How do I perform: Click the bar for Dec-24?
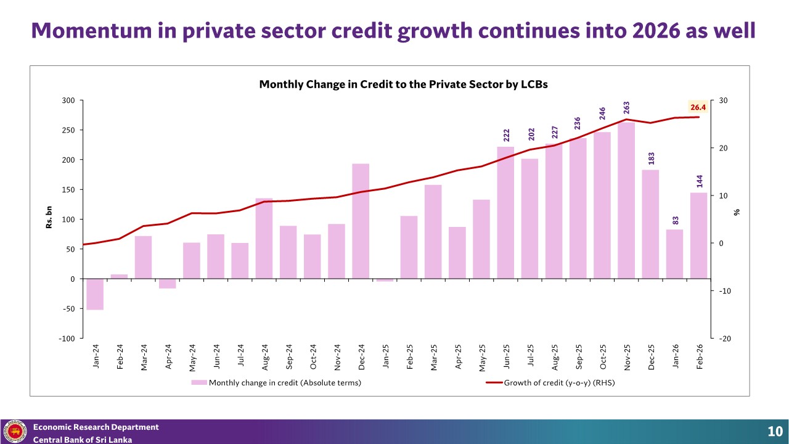[361, 221]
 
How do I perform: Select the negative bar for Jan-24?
[95, 294]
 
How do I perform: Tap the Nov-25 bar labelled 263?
[626, 200]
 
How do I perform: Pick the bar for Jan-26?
[674, 254]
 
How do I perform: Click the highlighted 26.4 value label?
[698, 107]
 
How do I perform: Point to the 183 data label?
[652, 158]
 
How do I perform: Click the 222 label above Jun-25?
[506, 135]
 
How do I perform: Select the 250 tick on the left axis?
[68, 130]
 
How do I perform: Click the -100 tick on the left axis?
[67, 339]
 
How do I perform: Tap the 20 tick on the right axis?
[723, 148]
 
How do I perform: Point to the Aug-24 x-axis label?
[265, 357]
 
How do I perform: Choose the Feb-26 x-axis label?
[700, 356]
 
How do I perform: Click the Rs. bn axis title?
[49, 217]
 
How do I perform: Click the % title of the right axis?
[737, 212]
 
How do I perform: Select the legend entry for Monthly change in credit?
[277, 383]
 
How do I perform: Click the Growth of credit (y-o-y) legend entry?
[550, 383]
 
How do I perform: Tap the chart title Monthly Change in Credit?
[403, 84]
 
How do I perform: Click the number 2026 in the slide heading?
[656, 30]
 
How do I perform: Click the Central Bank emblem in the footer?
[15, 431]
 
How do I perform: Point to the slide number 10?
[775, 431]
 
